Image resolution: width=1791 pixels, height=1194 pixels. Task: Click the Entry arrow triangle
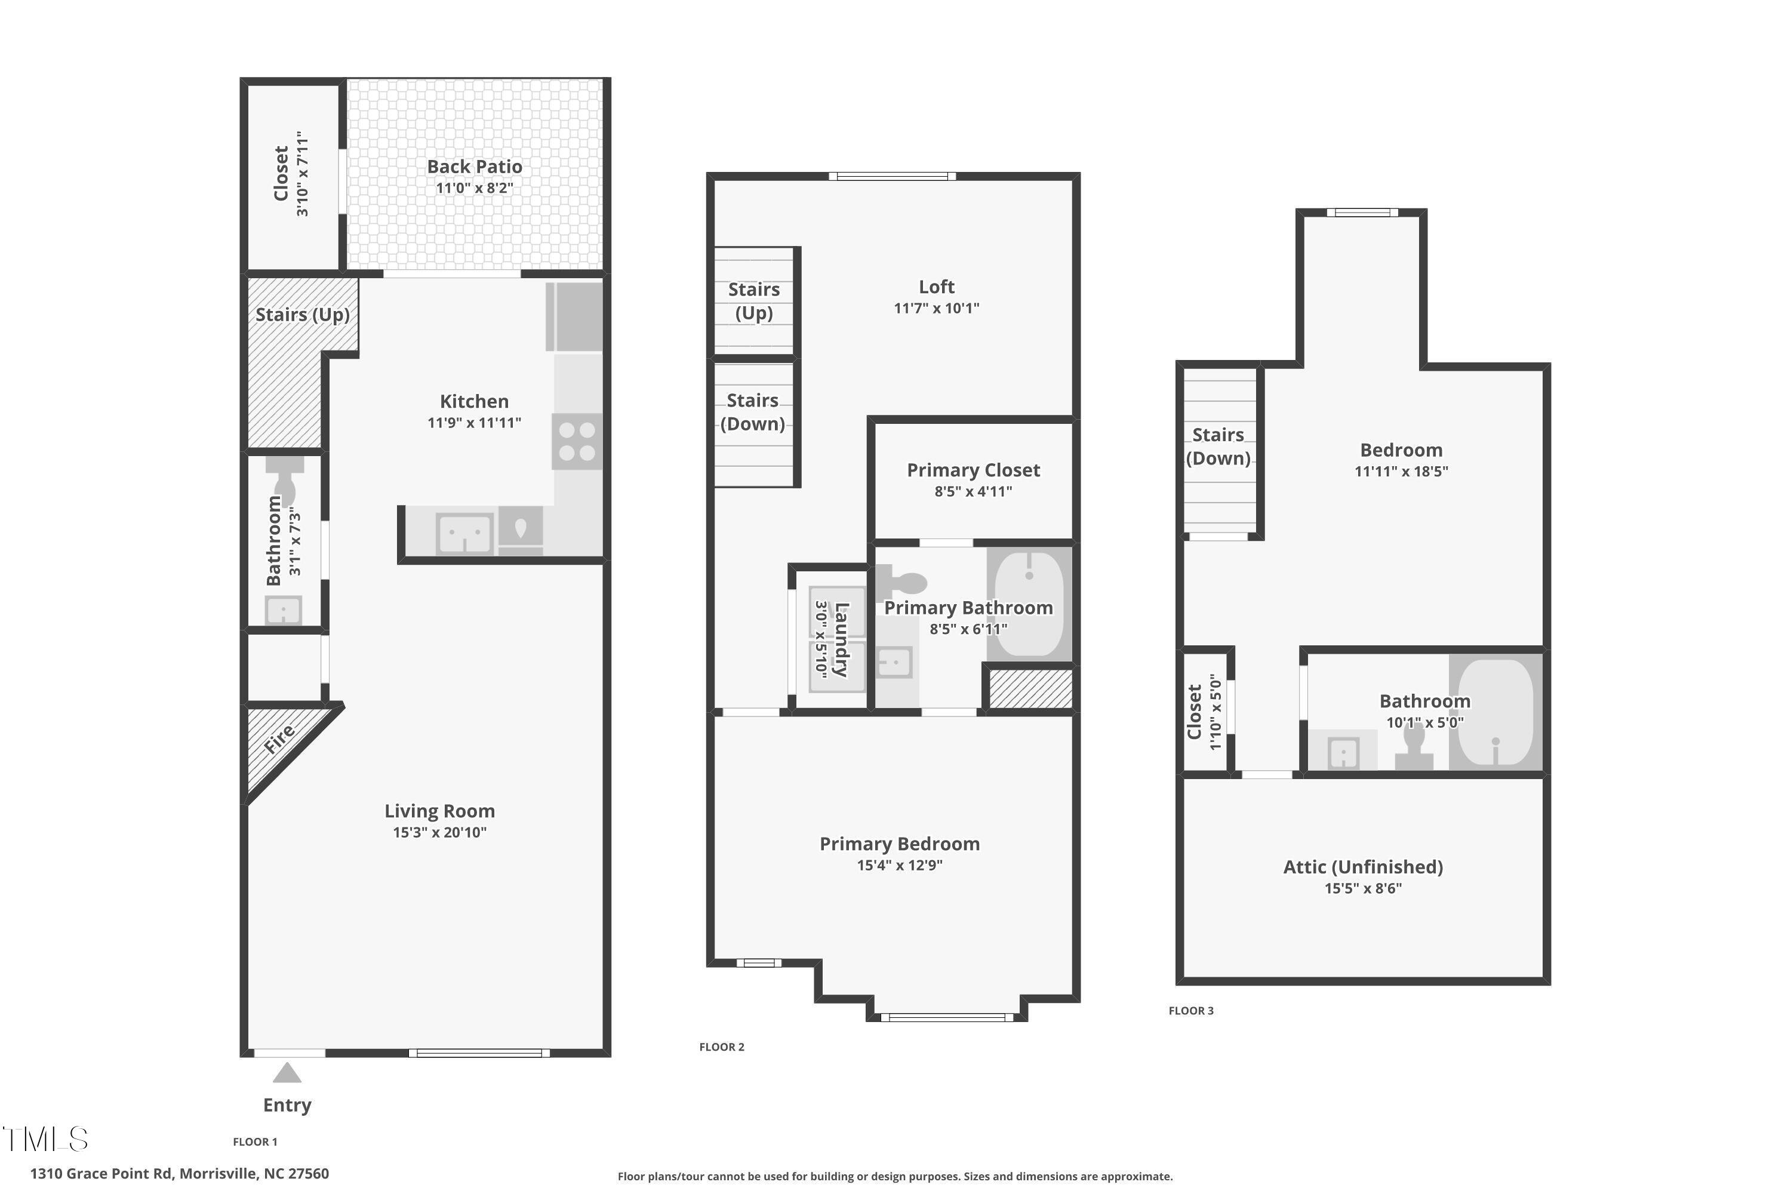(287, 1073)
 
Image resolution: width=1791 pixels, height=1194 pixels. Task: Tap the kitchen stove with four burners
(577, 441)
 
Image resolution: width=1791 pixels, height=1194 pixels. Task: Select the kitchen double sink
(464, 533)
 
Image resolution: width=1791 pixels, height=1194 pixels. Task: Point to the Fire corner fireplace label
(279, 738)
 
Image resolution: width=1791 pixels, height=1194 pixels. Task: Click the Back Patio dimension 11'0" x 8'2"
(475, 188)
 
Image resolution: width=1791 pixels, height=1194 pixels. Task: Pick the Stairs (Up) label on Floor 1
(302, 315)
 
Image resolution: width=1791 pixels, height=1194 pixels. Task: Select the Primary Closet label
(973, 470)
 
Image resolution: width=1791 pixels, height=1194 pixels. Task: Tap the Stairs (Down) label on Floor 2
(752, 412)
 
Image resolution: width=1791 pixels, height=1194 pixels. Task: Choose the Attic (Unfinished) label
(1362, 867)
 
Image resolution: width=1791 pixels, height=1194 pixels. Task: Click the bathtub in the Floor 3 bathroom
(1495, 713)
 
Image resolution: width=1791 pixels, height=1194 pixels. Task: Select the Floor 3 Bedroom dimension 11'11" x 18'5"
(1401, 472)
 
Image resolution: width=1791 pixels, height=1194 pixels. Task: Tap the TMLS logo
(46, 1139)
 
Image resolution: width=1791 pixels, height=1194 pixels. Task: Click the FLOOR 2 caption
(721, 1047)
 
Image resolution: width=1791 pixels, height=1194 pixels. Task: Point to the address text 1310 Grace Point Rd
(179, 1174)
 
